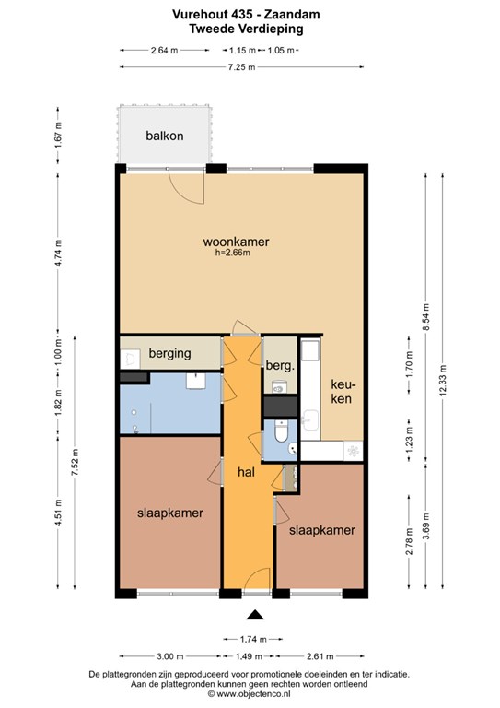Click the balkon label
point(165,136)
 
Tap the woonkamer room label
point(236,242)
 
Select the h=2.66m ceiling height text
point(233,253)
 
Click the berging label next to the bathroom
point(170,354)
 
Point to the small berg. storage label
point(280,366)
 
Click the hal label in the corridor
point(246,472)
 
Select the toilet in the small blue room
point(281,432)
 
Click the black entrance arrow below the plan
point(255,615)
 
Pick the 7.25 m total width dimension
point(241,67)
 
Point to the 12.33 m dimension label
point(442,381)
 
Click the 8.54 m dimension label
point(425,316)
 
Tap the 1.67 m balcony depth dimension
point(58,136)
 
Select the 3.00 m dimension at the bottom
point(170,656)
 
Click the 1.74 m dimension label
point(253,640)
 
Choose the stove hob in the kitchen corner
point(353,451)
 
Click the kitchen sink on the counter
point(310,420)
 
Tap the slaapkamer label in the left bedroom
point(170,513)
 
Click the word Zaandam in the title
point(292,15)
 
